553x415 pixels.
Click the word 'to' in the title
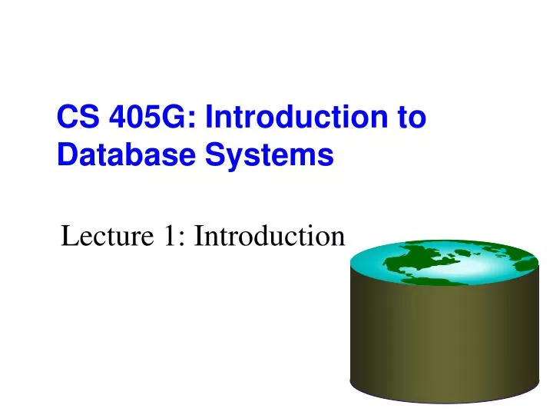[x=411, y=118]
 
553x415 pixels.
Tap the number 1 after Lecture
[x=168, y=237]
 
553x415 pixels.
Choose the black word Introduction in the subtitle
[x=267, y=237]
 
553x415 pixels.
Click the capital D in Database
[x=66, y=155]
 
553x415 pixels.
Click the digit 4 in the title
[x=119, y=118]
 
